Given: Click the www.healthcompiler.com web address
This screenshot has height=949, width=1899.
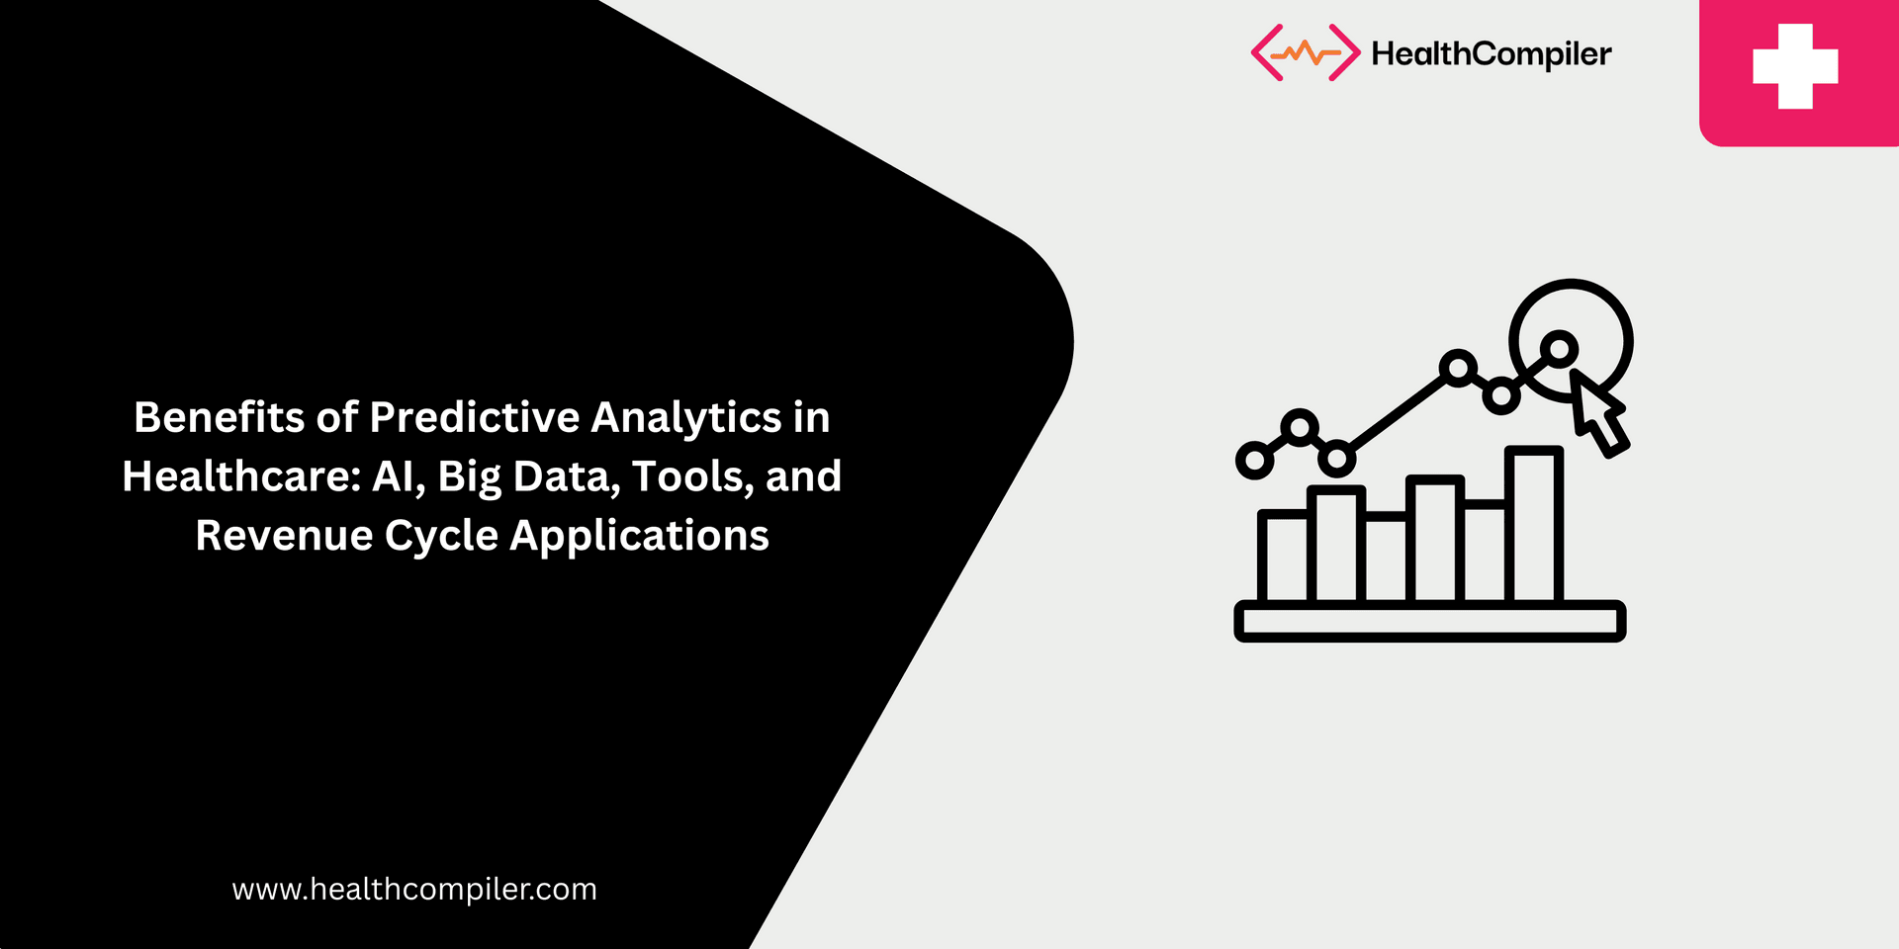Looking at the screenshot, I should tap(414, 890).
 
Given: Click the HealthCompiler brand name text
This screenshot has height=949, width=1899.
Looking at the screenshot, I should tap(1491, 54).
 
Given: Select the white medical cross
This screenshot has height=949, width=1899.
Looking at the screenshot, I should tap(1795, 66).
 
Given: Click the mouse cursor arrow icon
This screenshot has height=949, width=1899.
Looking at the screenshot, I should tap(1598, 413).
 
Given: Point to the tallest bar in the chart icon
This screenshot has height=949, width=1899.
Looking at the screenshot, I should tap(1533, 524).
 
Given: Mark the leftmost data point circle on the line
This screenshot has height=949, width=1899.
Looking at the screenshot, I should tap(1255, 461).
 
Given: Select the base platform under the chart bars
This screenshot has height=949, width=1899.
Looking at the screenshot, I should tap(1429, 622).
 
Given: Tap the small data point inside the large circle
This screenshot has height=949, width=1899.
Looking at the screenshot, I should tap(1560, 348).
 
